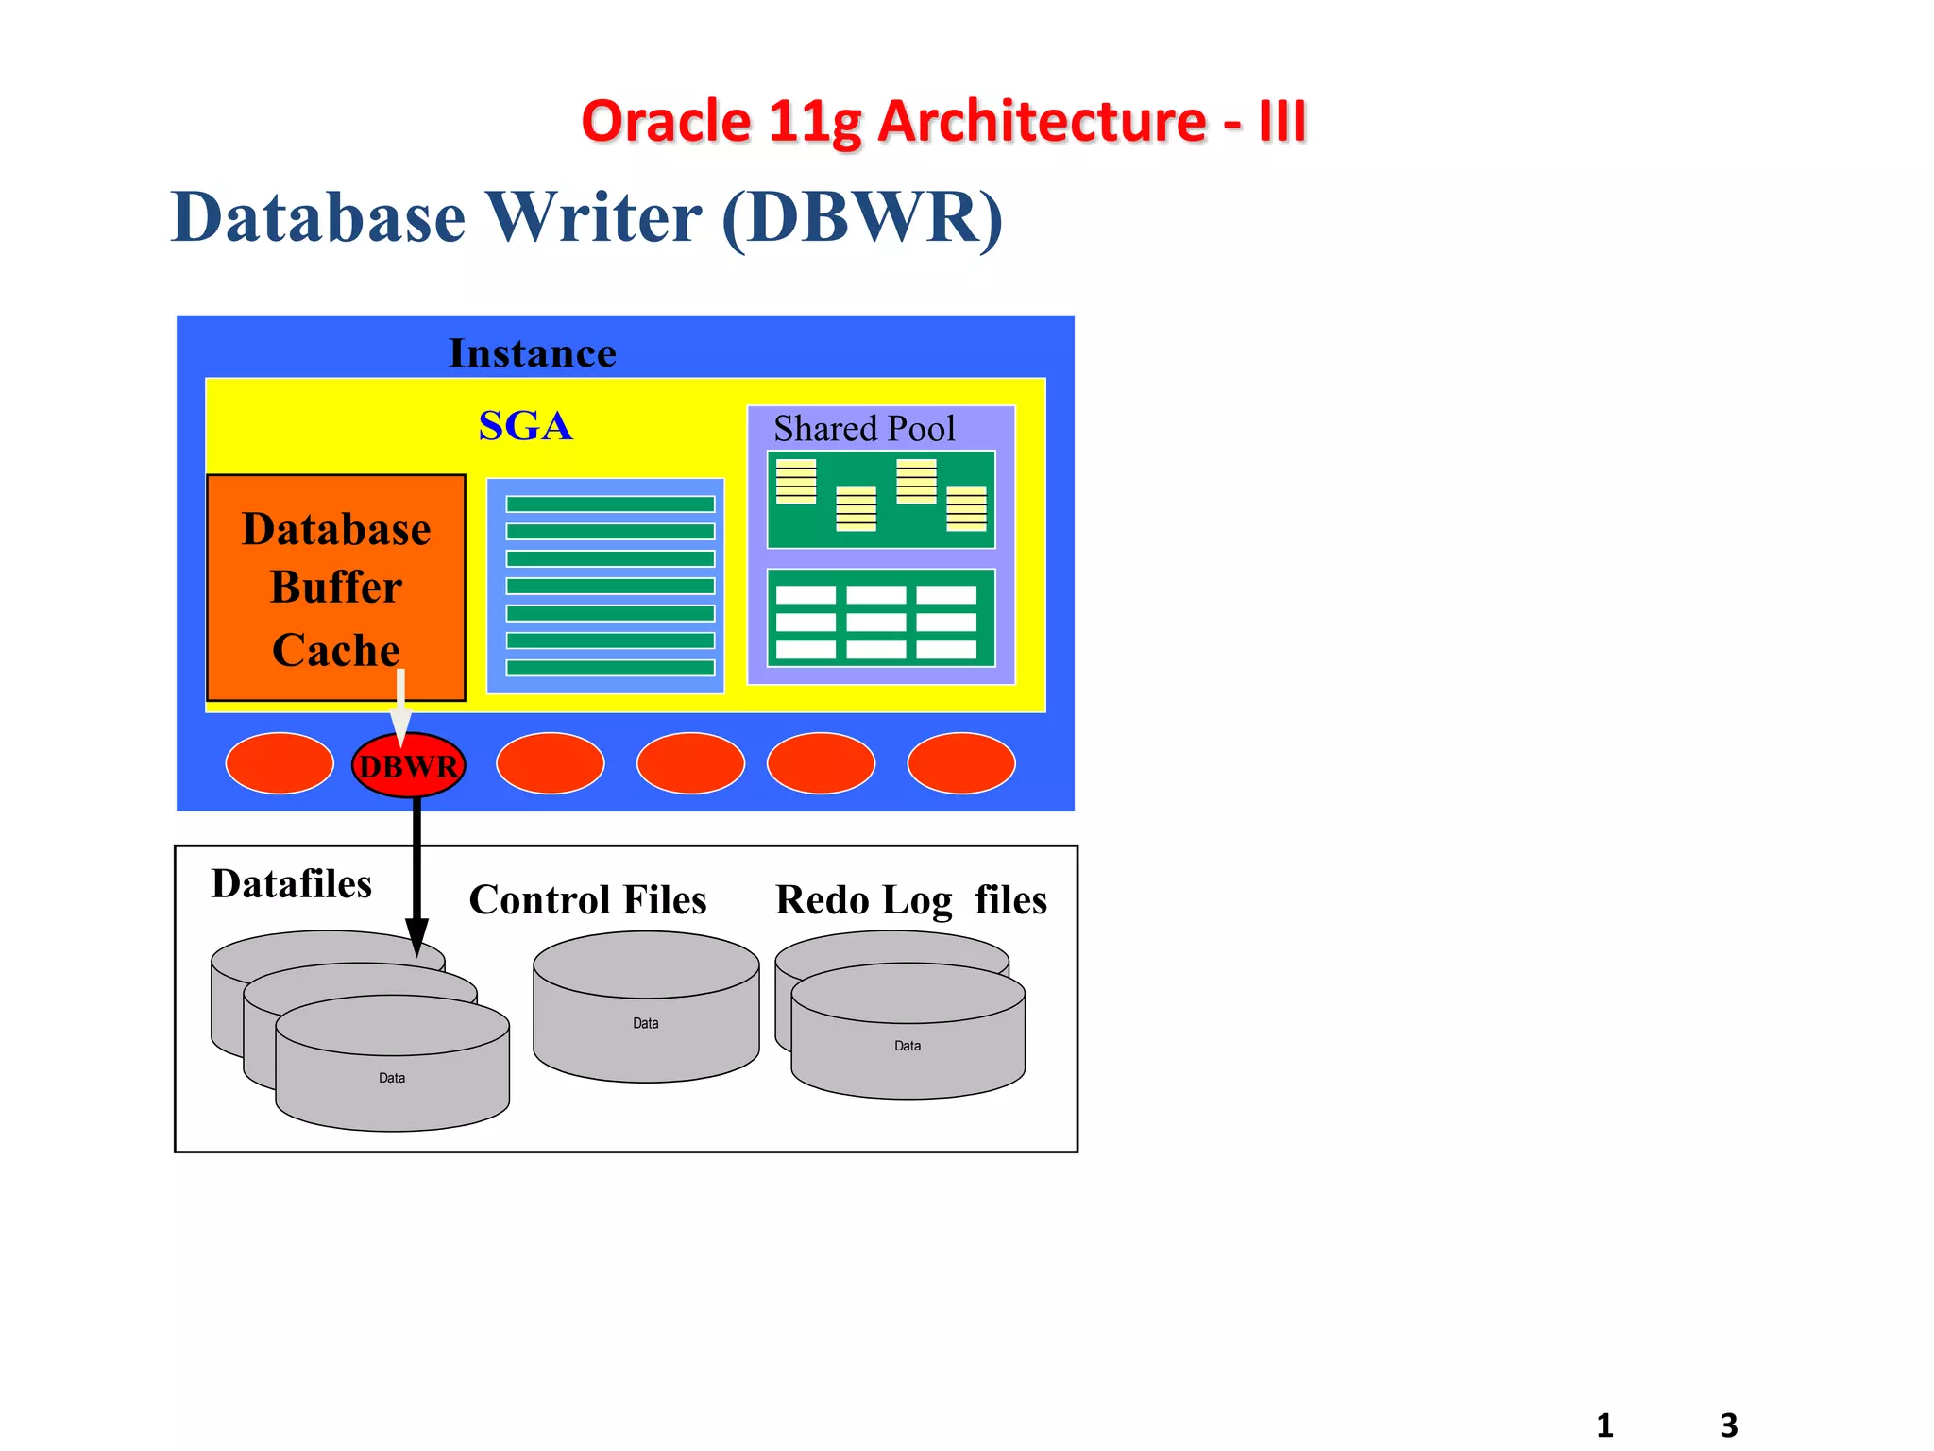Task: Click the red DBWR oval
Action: pyautogui.click(x=408, y=765)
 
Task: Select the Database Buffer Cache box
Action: pyautogui.click(x=335, y=587)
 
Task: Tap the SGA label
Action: pyautogui.click(x=525, y=425)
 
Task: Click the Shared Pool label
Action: pyautogui.click(x=864, y=429)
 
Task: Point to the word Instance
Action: pyautogui.click(x=532, y=353)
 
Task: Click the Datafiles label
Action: pyautogui.click(x=291, y=884)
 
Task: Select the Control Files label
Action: pyautogui.click(x=587, y=899)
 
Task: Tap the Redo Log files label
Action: pyautogui.click(x=910, y=899)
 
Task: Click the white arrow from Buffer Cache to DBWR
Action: pyautogui.click(x=400, y=704)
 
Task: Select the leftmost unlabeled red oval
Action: pyautogui.click(x=280, y=763)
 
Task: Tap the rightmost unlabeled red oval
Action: pyautogui.click(x=960, y=763)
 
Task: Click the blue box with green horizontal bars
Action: pyautogui.click(x=605, y=586)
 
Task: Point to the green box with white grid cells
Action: pyautogui.click(x=880, y=618)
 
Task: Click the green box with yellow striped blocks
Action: pyautogui.click(x=880, y=499)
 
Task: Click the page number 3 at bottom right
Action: pyautogui.click(x=1728, y=1425)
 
